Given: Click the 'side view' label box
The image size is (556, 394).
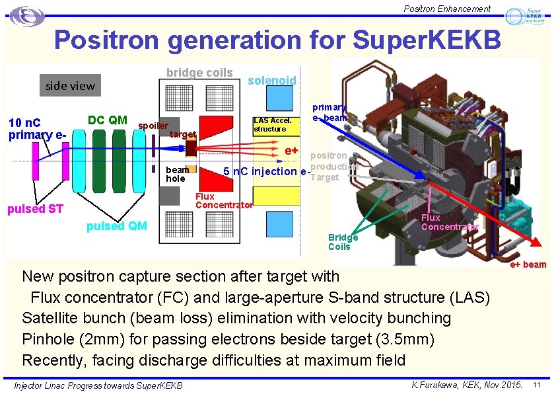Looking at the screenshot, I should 69,85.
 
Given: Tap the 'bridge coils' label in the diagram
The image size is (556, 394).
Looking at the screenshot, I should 199,73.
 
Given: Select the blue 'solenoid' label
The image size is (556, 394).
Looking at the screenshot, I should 271,80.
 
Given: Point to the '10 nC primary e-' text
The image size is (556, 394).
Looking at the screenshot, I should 37,128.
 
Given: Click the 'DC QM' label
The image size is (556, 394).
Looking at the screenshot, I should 108,120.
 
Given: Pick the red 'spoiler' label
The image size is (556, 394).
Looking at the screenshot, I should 153,126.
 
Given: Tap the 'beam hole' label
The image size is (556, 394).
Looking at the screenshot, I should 176,175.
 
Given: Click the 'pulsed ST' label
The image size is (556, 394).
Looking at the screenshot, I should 35,210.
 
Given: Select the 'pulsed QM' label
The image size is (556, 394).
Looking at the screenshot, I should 117,227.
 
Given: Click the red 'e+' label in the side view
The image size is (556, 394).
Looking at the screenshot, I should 291,151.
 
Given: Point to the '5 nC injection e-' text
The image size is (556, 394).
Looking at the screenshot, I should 266,172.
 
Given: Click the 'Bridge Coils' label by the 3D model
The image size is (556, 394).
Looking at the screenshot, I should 343,242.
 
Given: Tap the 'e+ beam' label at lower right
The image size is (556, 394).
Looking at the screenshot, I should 528,264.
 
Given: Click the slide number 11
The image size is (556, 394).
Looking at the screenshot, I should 537,385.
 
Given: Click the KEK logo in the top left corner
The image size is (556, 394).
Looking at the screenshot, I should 27,16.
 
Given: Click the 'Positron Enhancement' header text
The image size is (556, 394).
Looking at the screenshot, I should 448,9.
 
